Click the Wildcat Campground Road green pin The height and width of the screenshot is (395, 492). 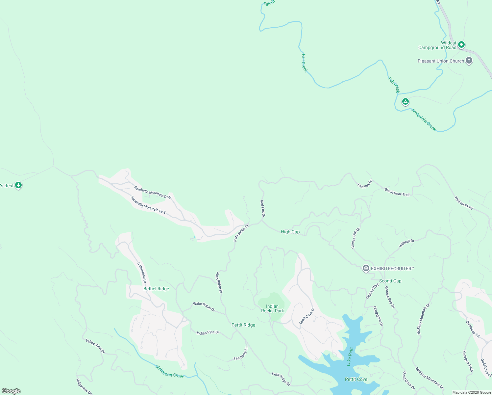(x=461, y=44)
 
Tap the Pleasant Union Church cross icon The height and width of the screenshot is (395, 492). (x=469, y=61)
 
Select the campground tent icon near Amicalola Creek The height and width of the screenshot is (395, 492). (x=406, y=102)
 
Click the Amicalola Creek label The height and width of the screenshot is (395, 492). (x=424, y=120)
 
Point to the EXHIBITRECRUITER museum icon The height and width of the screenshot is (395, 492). (x=366, y=269)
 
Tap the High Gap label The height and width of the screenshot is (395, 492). (x=290, y=232)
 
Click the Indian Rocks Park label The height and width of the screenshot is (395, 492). (x=272, y=308)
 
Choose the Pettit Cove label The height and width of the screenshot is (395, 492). (x=356, y=379)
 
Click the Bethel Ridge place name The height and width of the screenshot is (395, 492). (x=156, y=289)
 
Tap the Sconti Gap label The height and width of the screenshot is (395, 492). (x=390, y=281)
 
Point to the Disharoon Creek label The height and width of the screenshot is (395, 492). (x=169, y=371)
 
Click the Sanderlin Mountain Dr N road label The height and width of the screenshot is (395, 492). (x=153, y=192)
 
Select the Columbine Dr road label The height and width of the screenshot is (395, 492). (x=142, y=273)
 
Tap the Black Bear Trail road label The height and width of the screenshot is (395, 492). (x=397, y=192)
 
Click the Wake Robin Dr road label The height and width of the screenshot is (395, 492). (x=204, y=306)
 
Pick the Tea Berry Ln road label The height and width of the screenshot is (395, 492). (x=241, y=354)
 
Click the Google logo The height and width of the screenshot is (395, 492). (x=11, y=391)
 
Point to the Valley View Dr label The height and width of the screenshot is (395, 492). (x=95, y=346)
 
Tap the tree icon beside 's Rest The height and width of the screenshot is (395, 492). (x=18, y=185)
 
